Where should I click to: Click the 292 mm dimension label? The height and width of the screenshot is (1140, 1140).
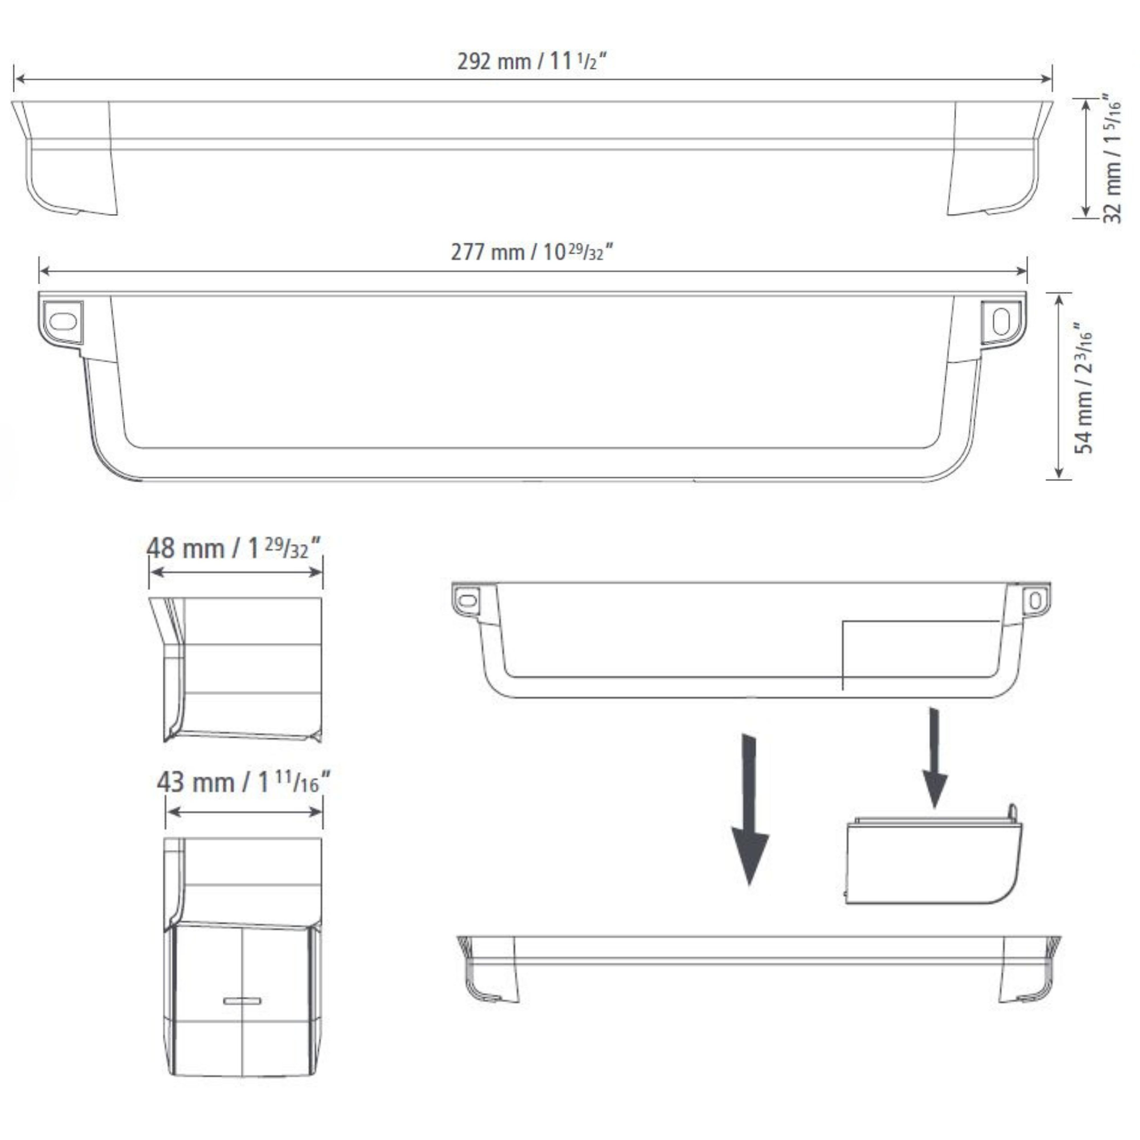tap(532, 61)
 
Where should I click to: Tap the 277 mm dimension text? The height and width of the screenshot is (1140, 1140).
tap(532, 252)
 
